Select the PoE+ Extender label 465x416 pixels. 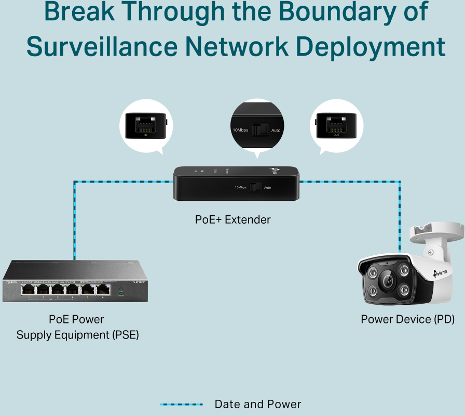point(232,219)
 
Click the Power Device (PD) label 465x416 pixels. point(407,319)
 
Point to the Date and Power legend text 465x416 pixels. point(257,404)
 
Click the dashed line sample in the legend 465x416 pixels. point(181,404)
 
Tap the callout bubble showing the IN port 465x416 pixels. point(146,126)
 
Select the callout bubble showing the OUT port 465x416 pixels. point(336,126)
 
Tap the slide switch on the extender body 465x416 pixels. point(255,187)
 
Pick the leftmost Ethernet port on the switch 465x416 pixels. point(28,290)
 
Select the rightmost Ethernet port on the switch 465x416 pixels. point(103,290)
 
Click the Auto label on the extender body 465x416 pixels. point(267,187)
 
